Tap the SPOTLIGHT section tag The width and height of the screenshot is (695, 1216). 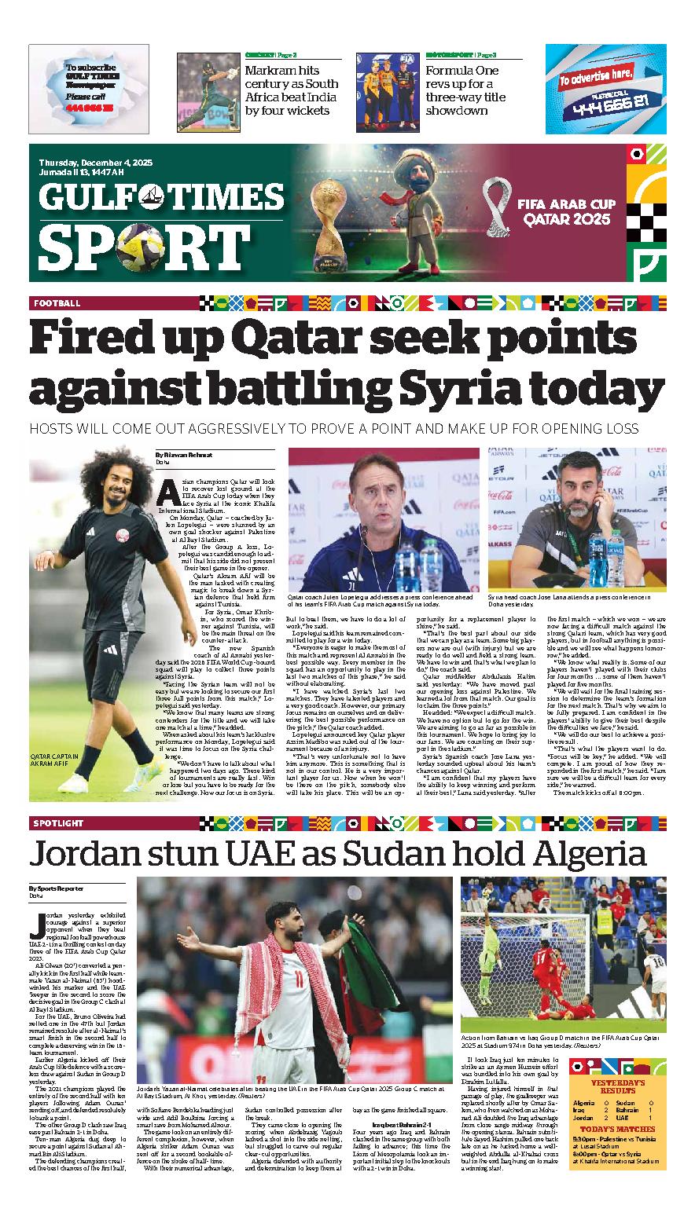pos(59,823)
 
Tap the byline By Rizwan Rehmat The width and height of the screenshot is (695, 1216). pos(183,454)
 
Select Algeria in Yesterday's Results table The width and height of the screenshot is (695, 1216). pos(584,1103)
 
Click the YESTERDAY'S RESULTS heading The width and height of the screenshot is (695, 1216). pos(618,1087)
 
